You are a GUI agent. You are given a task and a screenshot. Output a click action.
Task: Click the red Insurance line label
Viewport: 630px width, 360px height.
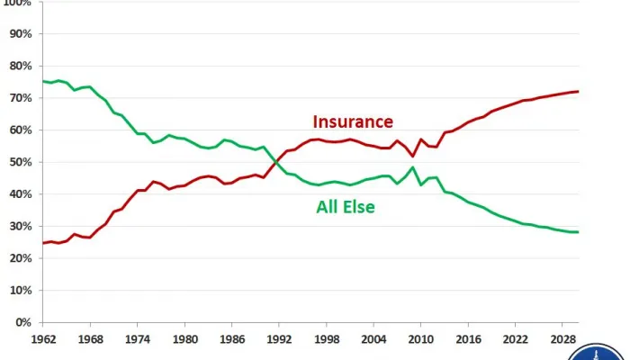[353, 121]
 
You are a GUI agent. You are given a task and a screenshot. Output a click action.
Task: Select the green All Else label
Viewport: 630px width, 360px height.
[346, 207]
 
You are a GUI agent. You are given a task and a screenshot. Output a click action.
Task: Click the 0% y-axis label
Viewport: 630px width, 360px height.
[24, 321]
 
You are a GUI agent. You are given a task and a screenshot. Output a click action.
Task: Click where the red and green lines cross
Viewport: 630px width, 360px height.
[276, 162]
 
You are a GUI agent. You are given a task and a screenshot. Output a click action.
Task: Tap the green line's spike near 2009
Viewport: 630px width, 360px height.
[413, 167]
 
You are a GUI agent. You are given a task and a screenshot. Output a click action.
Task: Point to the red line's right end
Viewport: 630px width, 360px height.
[577, 92]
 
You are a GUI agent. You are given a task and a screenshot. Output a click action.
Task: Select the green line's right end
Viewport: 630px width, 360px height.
[577, 232]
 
